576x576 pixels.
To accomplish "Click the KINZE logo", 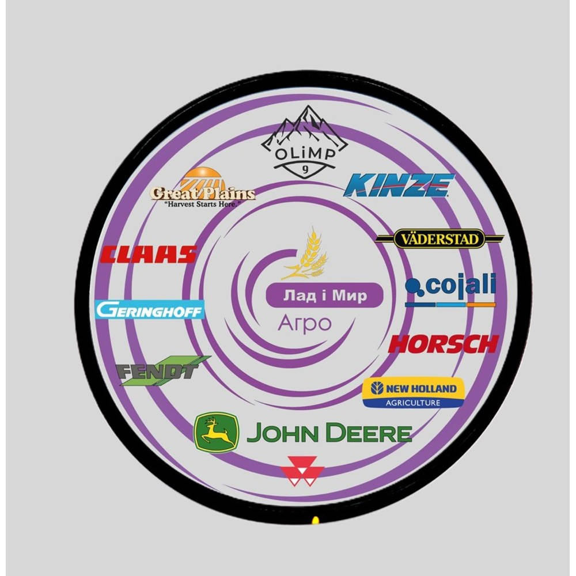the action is (399, 185).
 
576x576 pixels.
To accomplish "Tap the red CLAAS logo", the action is (149, 255).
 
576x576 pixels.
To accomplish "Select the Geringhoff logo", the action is (150, 310).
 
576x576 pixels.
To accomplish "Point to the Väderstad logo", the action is (439, 239).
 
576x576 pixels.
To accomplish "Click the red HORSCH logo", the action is (444, 344).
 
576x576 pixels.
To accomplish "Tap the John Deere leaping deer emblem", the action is (216, 433).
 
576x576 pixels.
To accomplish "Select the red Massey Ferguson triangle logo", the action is (302, 471).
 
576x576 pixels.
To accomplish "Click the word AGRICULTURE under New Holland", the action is (413, 403).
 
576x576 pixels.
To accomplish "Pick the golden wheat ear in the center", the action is (306, 253).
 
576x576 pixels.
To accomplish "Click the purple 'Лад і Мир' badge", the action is (325, 295).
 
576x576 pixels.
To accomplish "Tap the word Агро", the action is (305, 323).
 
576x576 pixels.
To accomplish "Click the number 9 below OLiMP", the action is (305, 169).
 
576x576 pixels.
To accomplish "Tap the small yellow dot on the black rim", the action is (315, 520).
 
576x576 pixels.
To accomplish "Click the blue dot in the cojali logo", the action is (413, 286).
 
